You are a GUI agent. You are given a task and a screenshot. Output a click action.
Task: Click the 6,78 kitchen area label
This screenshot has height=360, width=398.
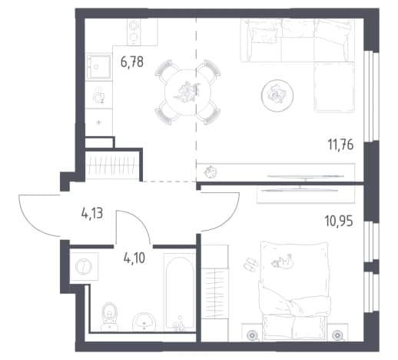pyautogui.click(x=132, y=62)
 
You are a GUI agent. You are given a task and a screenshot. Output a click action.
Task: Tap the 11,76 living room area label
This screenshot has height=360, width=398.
pyautogui.click(x=340, y=145)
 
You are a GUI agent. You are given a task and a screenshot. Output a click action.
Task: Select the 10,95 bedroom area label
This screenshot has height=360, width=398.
pyautogui.click(x=339, y=221)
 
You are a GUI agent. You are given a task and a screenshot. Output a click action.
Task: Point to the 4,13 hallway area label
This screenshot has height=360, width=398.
pyautogui.click(x=92, y=213)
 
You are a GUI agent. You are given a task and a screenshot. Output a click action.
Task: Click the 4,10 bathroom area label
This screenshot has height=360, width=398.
pyautogui.click(x=134, y=258)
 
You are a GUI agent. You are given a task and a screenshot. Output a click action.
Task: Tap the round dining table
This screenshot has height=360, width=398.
pyautogui.click(x=187, y=92)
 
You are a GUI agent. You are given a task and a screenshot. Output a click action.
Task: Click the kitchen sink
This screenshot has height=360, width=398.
pyautogui.click(x=99, y=67)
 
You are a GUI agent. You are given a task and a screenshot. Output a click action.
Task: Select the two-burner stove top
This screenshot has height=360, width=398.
pyautogui.click(x=134, y=32)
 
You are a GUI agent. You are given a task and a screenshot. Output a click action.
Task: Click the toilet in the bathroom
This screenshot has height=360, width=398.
pyautogui.click(x=109, y=316)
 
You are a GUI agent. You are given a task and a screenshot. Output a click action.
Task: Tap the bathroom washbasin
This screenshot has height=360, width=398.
pyautogui.click(x=144, y=322)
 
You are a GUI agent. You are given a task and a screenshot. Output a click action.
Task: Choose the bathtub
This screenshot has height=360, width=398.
pyautogui.click(x=180, y=292)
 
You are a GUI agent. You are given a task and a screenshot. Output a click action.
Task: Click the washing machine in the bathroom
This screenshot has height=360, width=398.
pyautogui.click(x=84, y=266)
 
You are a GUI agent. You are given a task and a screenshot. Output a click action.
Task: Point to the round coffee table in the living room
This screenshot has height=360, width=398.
pyautogui.click(x=277, y=95)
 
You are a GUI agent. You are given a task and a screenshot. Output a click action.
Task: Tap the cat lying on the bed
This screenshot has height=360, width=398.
pyautogui.click(x=282, y=261)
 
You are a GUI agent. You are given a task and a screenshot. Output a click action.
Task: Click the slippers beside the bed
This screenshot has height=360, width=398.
pyautogui.click(x=250, y=265)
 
